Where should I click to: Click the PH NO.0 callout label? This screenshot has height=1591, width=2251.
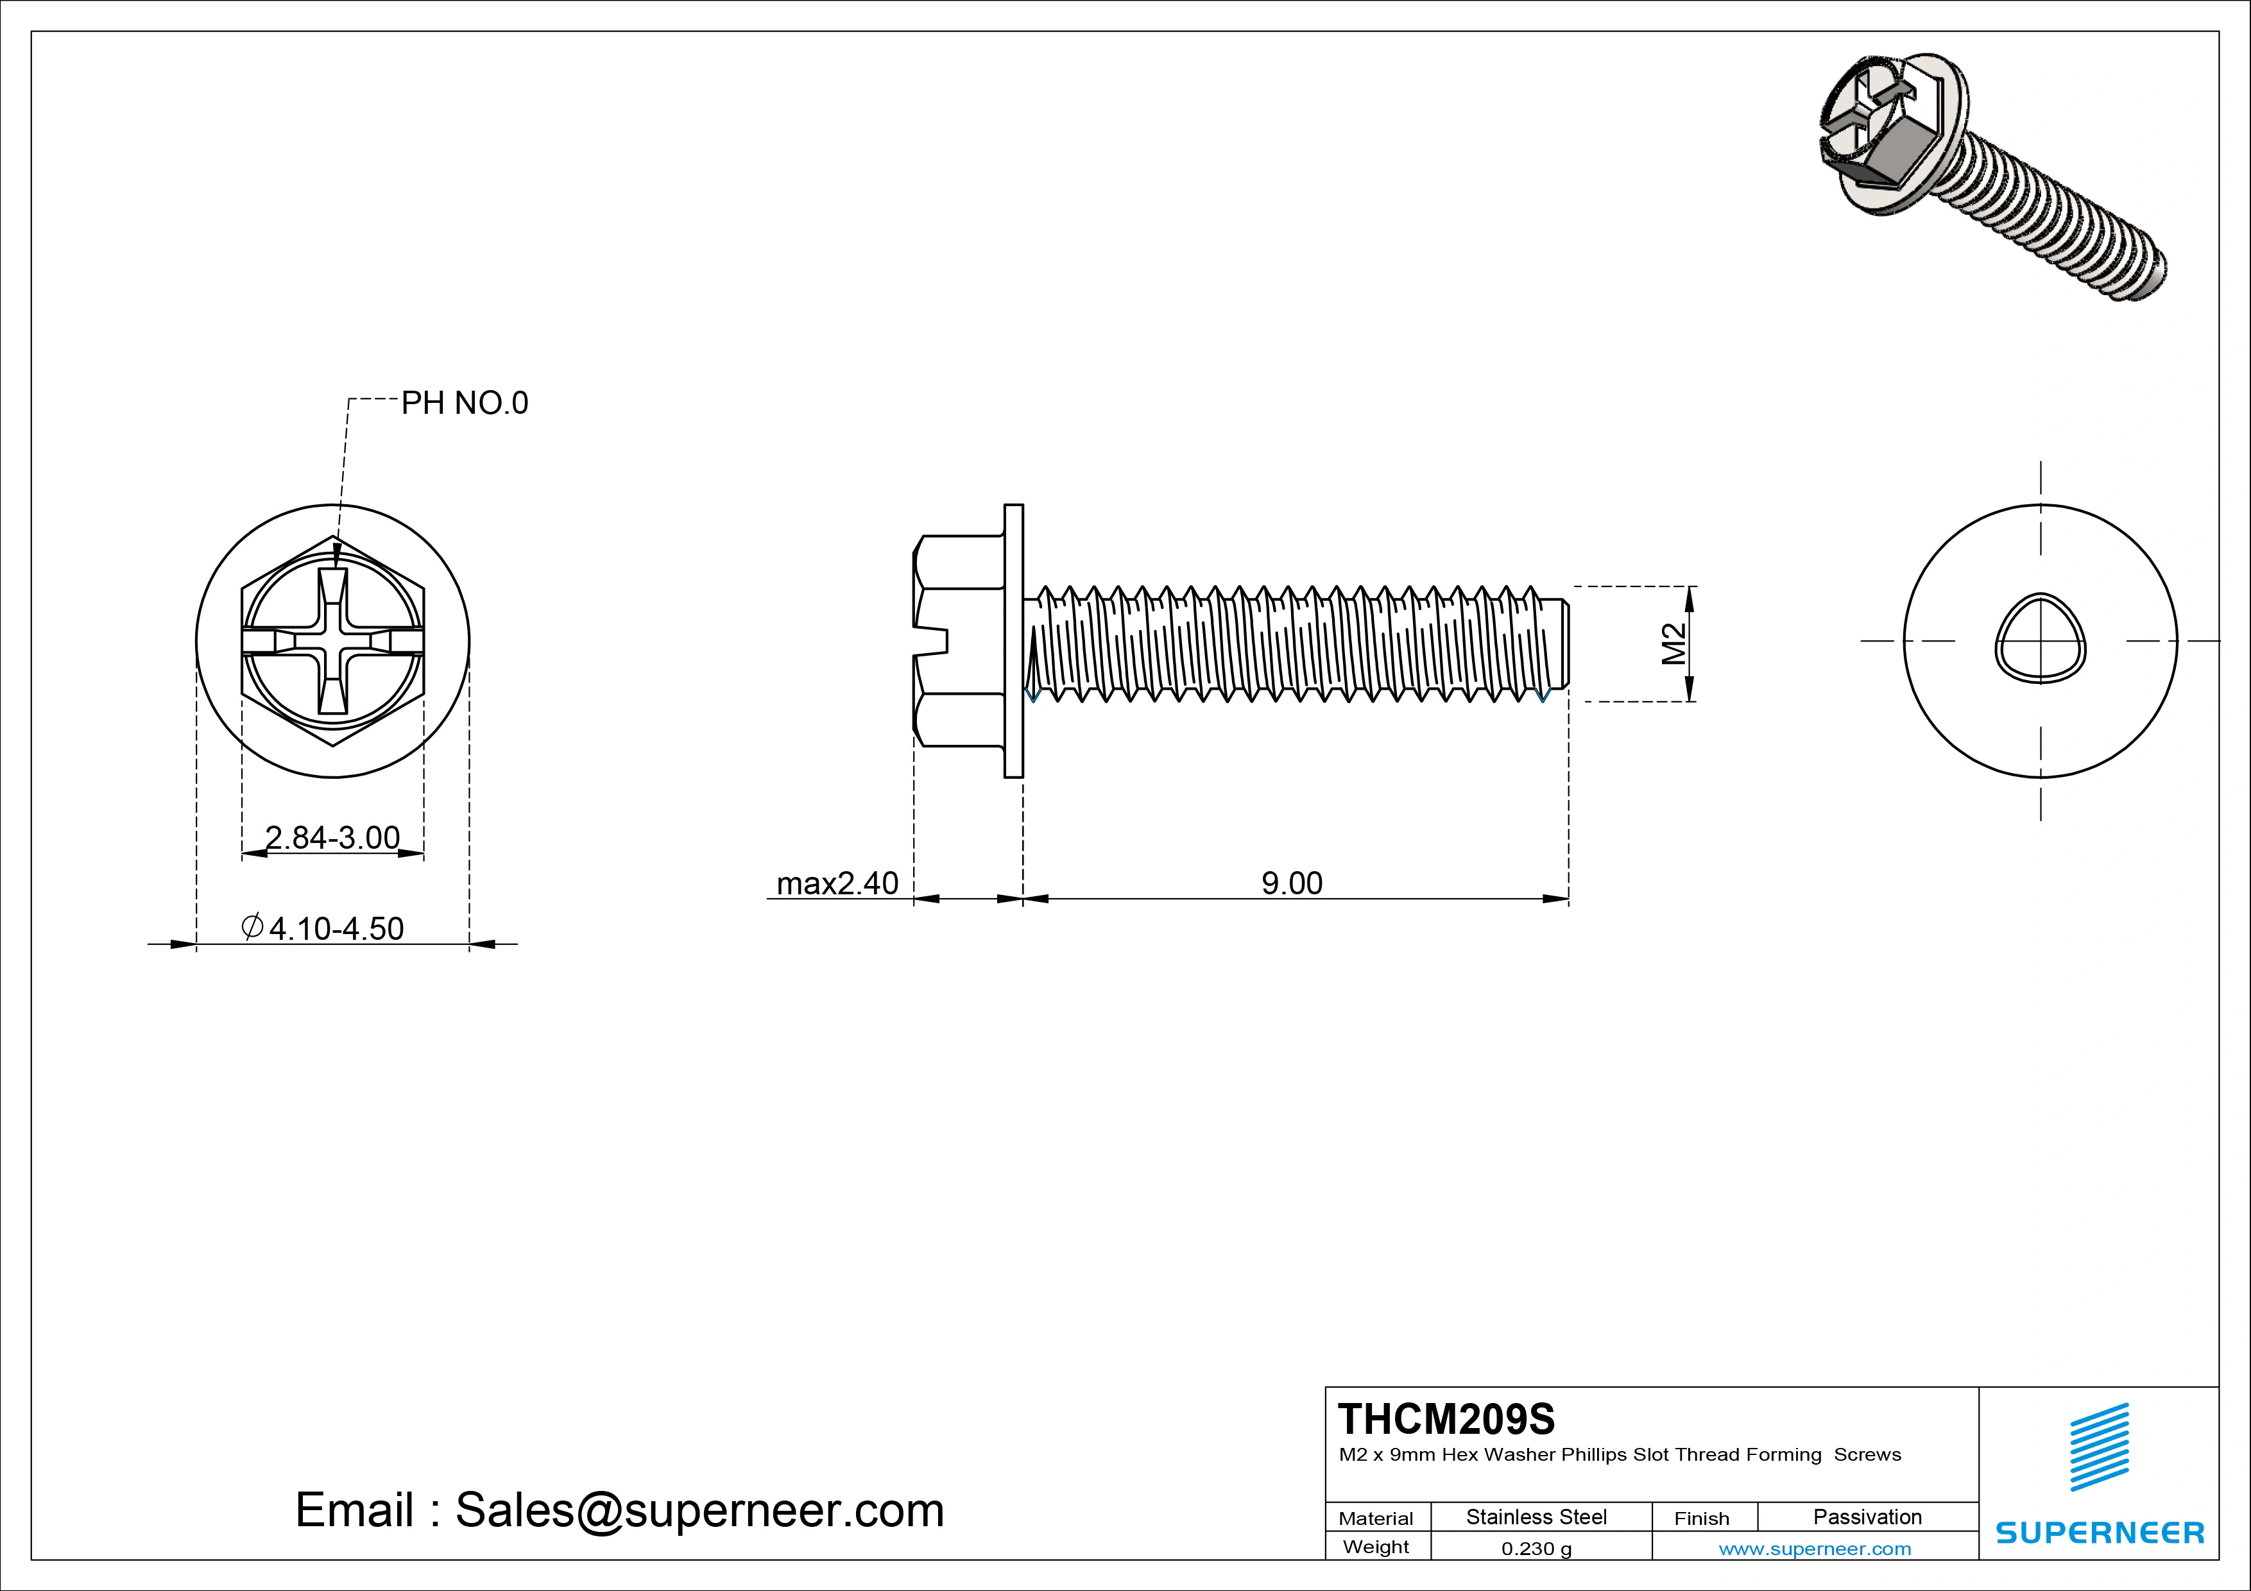tap(464, 403)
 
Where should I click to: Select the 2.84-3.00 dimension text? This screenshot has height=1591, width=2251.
tap(332, 837)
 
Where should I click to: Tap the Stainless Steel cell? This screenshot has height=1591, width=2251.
tap(1536, 1517)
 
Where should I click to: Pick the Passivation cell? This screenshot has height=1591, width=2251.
tap(1867, 1517)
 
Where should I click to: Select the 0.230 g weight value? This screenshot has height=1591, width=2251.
tap(1536, 1549)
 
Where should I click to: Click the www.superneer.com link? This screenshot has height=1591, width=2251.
tap(1815, 1549)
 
